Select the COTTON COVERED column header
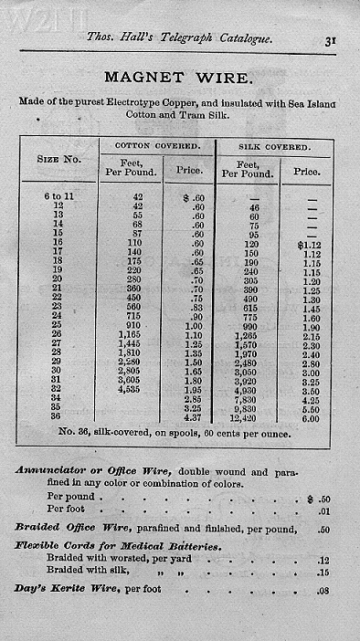[156, 146]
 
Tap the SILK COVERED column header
[273, 146]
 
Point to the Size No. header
[58, 160]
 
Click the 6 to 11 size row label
[58, 197]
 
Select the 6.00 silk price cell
[311, 417]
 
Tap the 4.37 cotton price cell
[193, 417]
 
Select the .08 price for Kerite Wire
[323, 590]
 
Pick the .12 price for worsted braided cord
[323, 561]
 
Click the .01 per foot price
[323, 509]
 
